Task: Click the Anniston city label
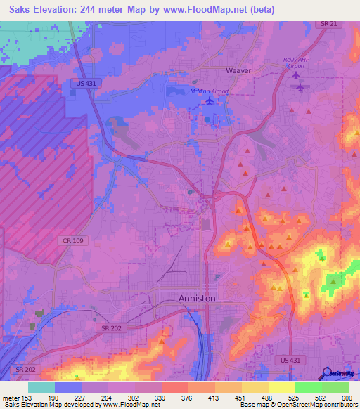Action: pos(197,299)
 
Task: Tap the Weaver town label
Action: pos(238,71)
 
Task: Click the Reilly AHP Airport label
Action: pos(297,62)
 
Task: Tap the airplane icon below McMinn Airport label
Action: pos(210,100)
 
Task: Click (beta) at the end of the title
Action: pos(259,10)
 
